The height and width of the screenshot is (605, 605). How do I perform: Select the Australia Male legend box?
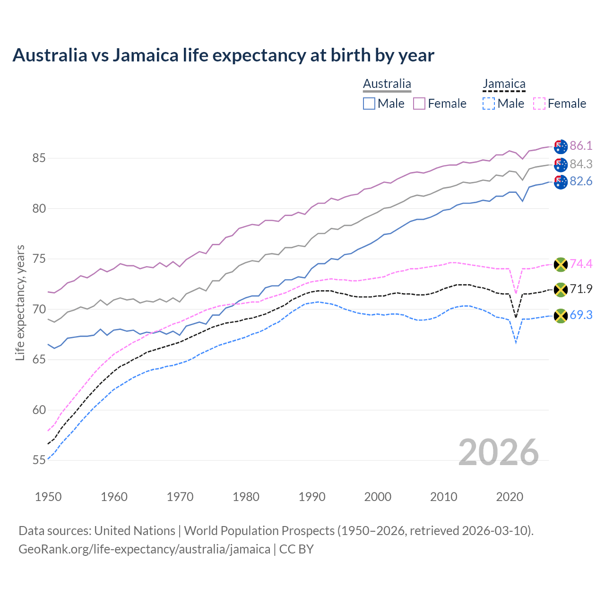click(369, 104)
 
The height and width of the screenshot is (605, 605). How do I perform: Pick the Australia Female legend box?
click(419, 104)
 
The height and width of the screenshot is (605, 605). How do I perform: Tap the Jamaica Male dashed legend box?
click(489, 104)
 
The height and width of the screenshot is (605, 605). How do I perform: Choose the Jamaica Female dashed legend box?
click(539, 104)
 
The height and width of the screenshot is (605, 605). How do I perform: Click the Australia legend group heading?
click(387, 84)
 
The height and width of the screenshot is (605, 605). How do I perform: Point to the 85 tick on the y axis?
click(39, 158)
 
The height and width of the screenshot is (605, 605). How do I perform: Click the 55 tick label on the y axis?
click(39, 460)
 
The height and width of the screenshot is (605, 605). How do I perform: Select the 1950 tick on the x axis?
click(48, 497)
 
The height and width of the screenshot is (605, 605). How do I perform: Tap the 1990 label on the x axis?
click(312, 497)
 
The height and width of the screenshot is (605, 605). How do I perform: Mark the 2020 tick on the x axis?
click(510, 497)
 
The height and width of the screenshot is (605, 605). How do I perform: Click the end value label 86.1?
click(581, 146)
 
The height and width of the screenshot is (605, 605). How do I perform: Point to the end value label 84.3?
click(581, 164)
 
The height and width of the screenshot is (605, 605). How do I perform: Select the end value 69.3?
click(581, 315)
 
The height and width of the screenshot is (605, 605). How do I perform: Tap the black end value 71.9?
click(581, 289)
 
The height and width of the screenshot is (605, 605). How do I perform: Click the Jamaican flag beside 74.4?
click(561, 264)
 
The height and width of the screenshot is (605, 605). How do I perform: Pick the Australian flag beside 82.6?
click(561, 182)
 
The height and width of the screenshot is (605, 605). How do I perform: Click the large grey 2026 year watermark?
click(498, 452)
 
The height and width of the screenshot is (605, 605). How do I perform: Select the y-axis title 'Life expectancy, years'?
click(20, 302)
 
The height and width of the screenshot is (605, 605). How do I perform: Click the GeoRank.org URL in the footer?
click(144, 549)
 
